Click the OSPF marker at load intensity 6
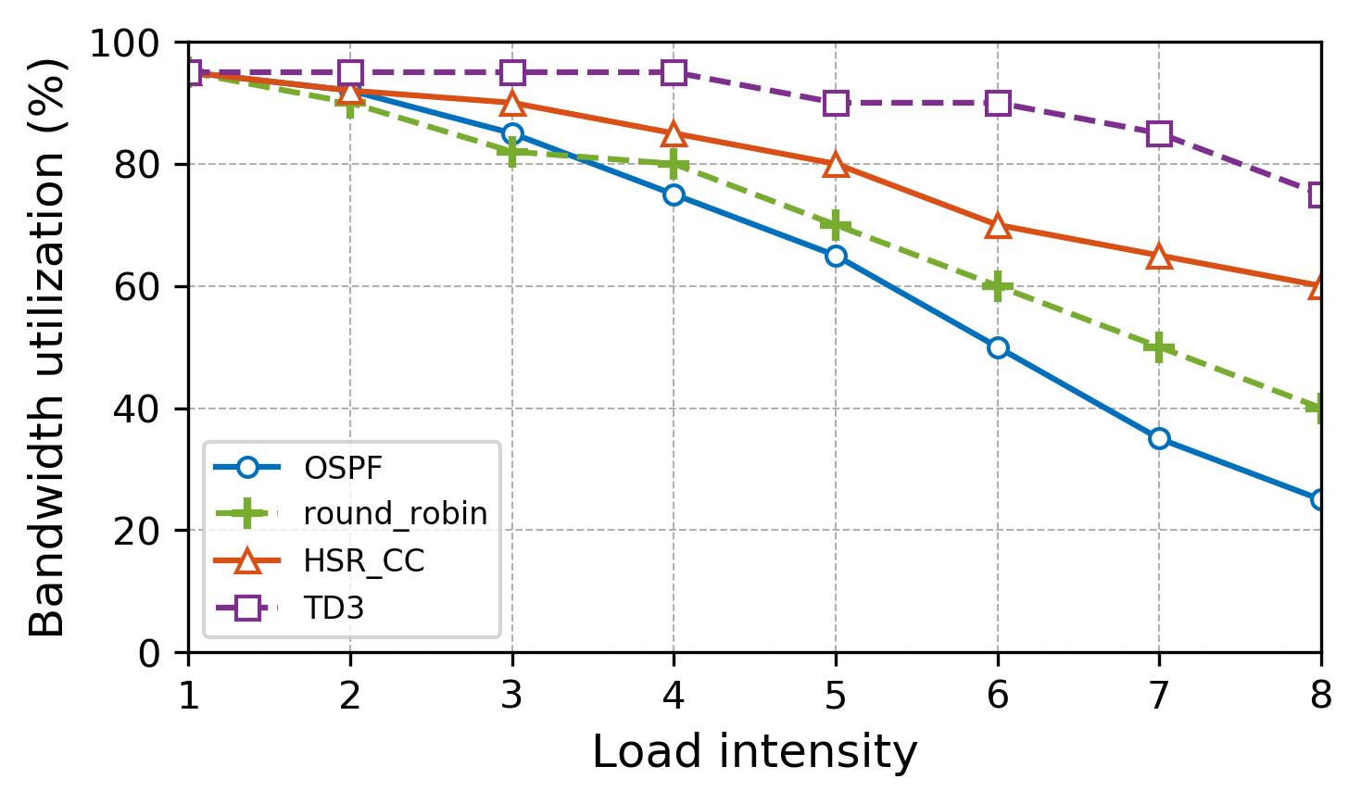[x=998, y=347]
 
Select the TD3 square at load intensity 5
[x=836, y=103]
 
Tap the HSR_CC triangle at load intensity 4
[x=674, y=134]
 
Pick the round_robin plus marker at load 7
[x=1159, y=347]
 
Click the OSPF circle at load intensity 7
[x=1159, y=438]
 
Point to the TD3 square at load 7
[x=1159, y=133]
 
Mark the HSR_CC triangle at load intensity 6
[x=998, y=226]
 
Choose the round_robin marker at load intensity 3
[x=512, y=152]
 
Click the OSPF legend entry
[x=343, y=469]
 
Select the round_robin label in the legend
[x=396, y=514]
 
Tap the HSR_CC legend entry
[x=364, y=561]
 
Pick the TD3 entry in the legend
[x=334, y=609]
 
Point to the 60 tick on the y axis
[x=136, y=287]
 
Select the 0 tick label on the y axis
[x=148, y=654]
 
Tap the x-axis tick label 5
[x=836, y=696]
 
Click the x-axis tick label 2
[x=350, y=696]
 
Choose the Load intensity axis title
[x=754, y=752]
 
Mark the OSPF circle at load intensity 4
[x=674, y=195]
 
